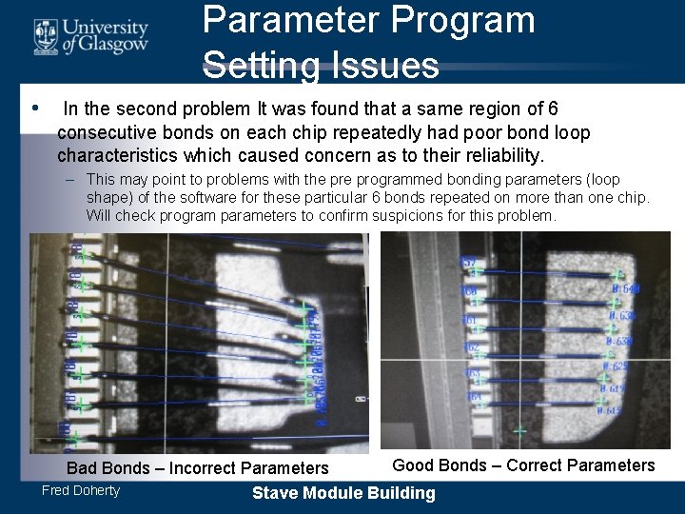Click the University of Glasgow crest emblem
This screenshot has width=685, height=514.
tap(45, 36)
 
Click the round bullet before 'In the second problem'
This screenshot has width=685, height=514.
tap(35, 109)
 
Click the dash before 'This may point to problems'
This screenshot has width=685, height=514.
tap(72, 179)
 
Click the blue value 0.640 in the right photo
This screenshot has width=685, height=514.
tap(626, 289)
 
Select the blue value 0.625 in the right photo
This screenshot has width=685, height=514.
tap(617, 366)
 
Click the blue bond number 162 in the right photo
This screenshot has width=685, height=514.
tap(471, 347)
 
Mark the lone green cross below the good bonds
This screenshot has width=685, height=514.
tap(520, 432)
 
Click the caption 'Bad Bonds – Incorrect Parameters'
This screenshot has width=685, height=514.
tap(197, 467)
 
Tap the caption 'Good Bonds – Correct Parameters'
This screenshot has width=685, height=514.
tap(523, 465)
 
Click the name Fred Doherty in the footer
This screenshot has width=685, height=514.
tap(81, 491)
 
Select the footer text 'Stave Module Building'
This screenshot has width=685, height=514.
tap(343, 493)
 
